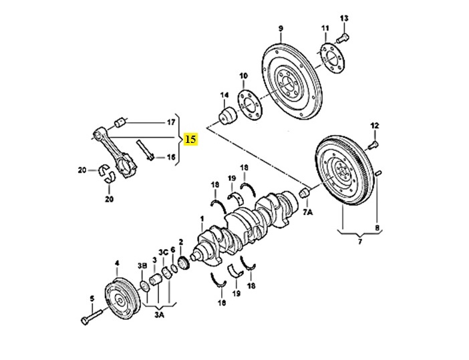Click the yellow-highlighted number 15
191,139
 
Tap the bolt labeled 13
343,38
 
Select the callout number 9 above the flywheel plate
281,29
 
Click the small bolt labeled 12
373,145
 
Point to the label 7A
308,212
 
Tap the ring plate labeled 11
332,58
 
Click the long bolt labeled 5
92,317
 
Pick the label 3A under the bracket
160,315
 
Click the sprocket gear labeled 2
182,263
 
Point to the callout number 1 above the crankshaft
202,219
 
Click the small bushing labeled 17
121,122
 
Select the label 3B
142,266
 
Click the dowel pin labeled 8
377,173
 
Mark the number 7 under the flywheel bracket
360,241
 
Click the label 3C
163,252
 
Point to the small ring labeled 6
174,268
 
